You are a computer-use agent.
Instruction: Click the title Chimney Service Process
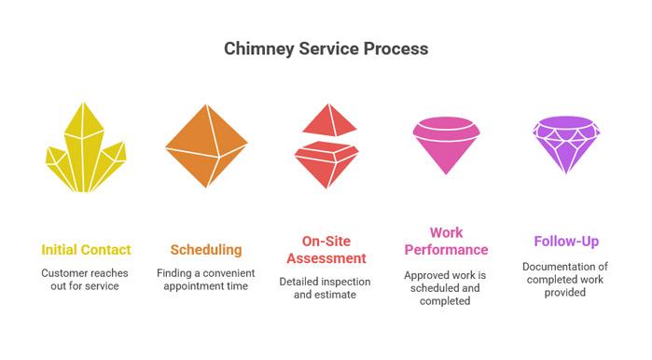pos(326,48)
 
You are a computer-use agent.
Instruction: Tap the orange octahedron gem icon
pos(206,146)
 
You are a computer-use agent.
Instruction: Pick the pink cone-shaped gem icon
pos(446,145)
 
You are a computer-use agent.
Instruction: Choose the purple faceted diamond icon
pos(566,145)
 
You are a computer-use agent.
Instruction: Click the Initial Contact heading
pos(86,250)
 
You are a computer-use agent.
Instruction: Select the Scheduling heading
pos(206,250)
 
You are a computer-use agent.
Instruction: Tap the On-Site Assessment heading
pos(326,249)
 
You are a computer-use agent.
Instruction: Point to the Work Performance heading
pos(446,242)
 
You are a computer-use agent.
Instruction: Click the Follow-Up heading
pos(566,242)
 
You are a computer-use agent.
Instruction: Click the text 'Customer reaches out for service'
pos(86,280)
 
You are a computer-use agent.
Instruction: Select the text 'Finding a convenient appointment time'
pos(206,280)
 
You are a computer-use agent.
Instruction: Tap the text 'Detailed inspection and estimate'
pos(326,288)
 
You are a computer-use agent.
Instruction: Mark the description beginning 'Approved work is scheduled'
pos(446,288)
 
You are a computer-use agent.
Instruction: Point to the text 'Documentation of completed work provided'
pos(566,279)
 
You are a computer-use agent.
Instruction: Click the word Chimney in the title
pos(257,48)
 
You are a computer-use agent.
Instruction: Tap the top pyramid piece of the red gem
pos(329,120)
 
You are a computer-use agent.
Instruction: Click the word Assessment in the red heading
pos(326,258)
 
